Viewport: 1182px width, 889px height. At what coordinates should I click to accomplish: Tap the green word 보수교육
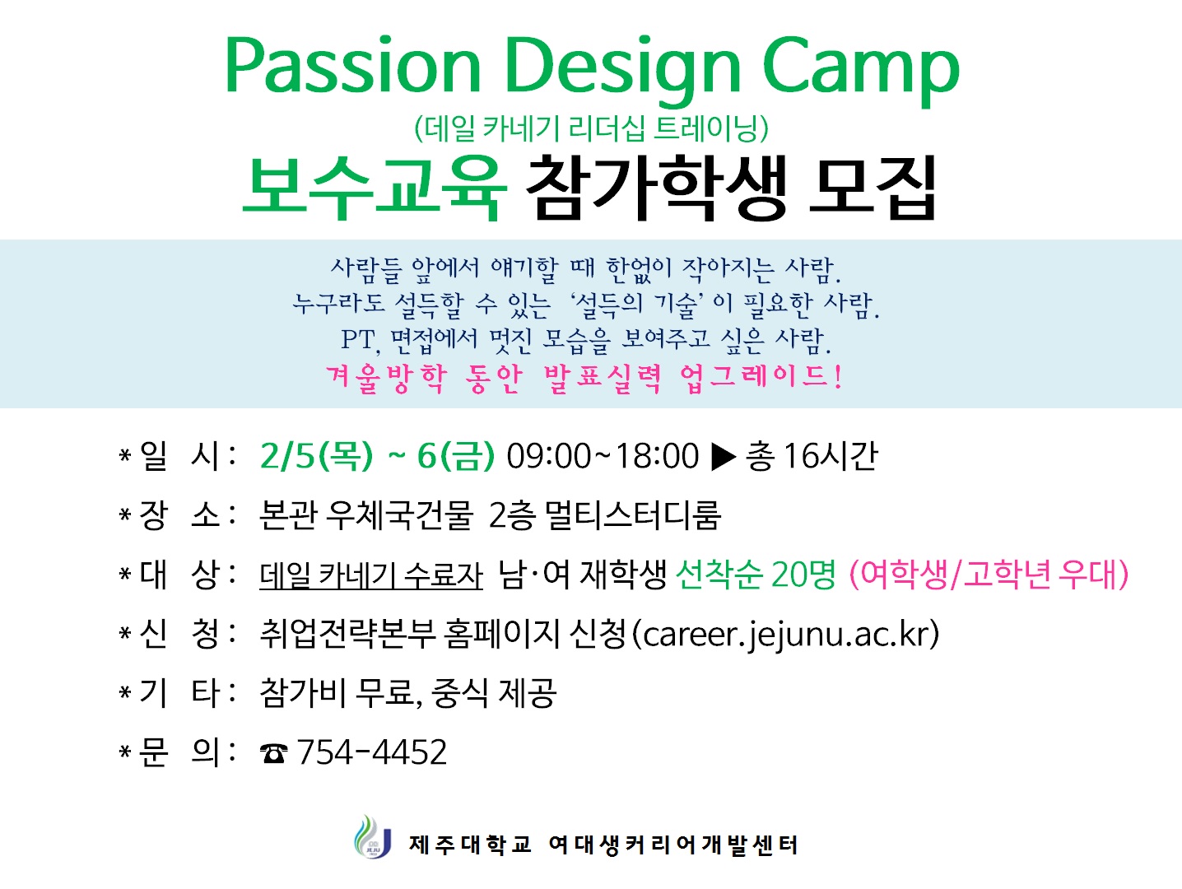pos(375,188)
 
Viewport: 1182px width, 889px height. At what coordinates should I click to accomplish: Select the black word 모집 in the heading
pos(873,188)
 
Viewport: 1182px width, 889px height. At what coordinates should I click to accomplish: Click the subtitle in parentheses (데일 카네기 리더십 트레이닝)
pos(591,128)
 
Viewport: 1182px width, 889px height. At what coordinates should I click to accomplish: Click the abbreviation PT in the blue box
pos(359,339)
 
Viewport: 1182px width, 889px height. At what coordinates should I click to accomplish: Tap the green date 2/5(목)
pos(316,455)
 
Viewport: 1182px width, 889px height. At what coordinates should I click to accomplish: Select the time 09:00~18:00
pos(602,455)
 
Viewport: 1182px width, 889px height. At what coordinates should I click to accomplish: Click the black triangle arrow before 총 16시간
pos(722,455)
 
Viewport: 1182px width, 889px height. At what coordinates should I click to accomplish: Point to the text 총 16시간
pos(812,455)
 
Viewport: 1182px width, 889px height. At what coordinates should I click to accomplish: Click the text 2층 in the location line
pos(511,515)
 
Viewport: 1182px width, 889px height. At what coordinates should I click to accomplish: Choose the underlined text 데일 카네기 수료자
pos(371,575)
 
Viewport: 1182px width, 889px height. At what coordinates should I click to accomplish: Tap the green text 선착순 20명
pos(756,575)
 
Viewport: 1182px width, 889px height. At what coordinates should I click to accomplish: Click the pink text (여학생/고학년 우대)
pos(988,575)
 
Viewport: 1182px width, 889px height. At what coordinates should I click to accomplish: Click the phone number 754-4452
pos(372,752)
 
